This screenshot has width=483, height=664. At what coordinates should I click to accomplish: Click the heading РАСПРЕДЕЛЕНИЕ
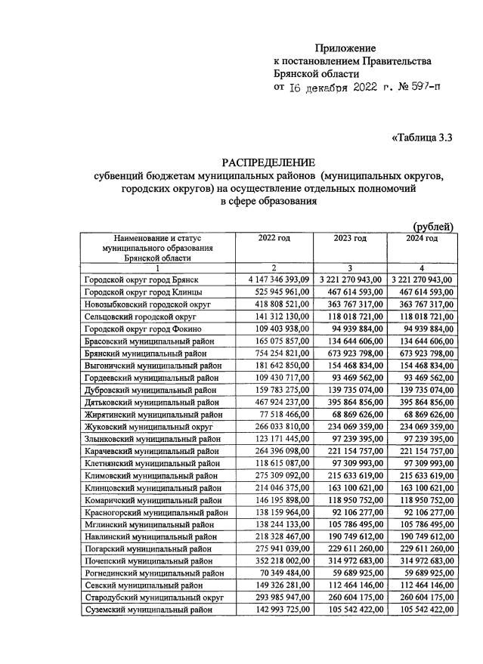[x=268, y=162]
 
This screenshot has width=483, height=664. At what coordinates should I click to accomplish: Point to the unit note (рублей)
[x=432, y=226]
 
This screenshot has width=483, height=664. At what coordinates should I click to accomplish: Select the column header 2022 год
[x=273, y=239]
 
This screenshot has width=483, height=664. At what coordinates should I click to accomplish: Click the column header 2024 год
[x=422, y=239]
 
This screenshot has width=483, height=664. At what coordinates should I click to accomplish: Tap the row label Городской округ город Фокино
[x=144, y=329]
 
